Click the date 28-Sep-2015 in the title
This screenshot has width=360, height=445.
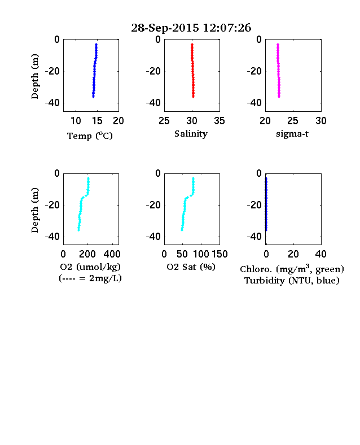(x=165, y=28)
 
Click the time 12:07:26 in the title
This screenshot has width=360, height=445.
(x=227, y=28)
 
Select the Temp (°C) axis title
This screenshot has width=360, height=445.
(x=90, y=136)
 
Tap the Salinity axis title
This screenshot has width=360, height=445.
(x=191, y=134)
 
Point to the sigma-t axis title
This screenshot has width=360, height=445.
(x=292, y=133)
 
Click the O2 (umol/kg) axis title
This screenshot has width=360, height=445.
(x=90, y=267)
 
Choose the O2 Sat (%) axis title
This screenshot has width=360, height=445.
(x=191, y=267)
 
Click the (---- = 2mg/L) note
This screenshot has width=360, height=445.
(x=90, y=278)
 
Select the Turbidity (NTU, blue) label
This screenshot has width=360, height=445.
(x=292, y=281)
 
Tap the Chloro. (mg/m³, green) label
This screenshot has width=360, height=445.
(x=292, y=268)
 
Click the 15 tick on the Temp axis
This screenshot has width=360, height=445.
(x=97, y=121)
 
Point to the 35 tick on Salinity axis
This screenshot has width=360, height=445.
(x=219, y=121)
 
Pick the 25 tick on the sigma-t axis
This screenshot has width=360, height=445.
(x=292, y=121)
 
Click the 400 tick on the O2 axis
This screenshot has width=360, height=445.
(x=112, y=254)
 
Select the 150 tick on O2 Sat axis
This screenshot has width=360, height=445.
(x=219, y=254)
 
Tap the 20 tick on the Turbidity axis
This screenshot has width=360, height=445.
(x=293, y=254)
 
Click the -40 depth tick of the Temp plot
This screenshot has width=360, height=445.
(x=52, y=103)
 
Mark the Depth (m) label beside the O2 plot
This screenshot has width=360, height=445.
(x=34, y=210)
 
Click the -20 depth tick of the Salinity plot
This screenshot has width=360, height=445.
(x=153, y=71)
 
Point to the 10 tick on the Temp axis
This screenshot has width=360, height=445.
(x=76, y=121)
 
